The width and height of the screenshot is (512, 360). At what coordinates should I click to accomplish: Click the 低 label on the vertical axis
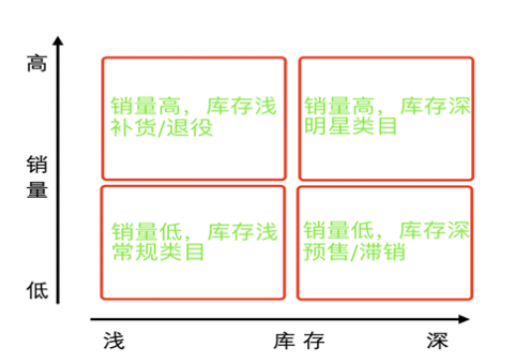37,289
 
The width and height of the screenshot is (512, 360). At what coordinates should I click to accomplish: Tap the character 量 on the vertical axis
37,190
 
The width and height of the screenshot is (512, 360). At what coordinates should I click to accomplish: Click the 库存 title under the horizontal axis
299,340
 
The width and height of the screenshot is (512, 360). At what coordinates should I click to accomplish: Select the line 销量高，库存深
386,104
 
